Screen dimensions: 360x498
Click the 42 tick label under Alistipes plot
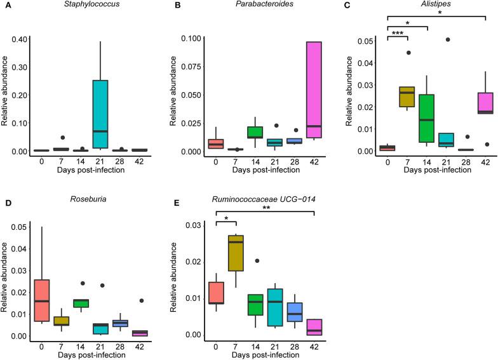(486, 161)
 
